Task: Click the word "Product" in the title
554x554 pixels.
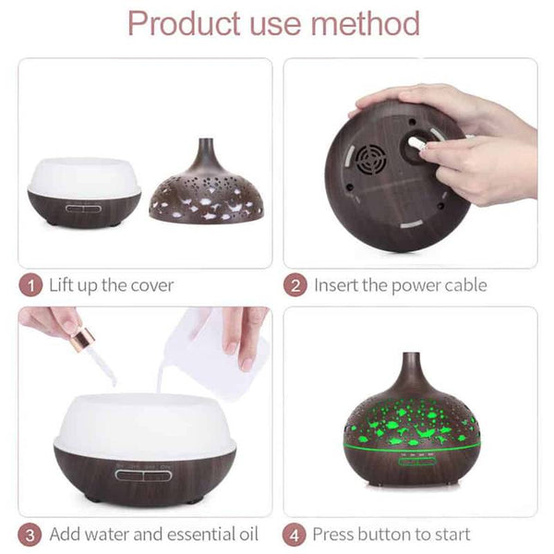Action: pyautogui.click(x=184, y=23)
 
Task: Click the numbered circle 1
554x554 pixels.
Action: pyautogui.click(x=30, y=285)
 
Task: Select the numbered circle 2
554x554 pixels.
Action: pyautogui.click(x=295, y=285)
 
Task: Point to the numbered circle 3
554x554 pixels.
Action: pyautogui.click(x=30, y=535)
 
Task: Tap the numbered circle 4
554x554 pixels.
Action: pyautogui.click(x=295, y=535)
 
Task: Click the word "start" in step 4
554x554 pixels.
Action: pyautogui.click(x=452, y=535)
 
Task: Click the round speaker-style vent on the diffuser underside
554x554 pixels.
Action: pyautogui.click(x=370, y=159)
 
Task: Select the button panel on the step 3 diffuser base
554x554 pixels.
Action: pyautogui.click(x=143, y=476)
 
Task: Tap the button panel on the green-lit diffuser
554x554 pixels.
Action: pyautogui.click(x=415, y=461)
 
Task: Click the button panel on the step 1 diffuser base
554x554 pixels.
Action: pyautogui.click(x=83, y=209)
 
